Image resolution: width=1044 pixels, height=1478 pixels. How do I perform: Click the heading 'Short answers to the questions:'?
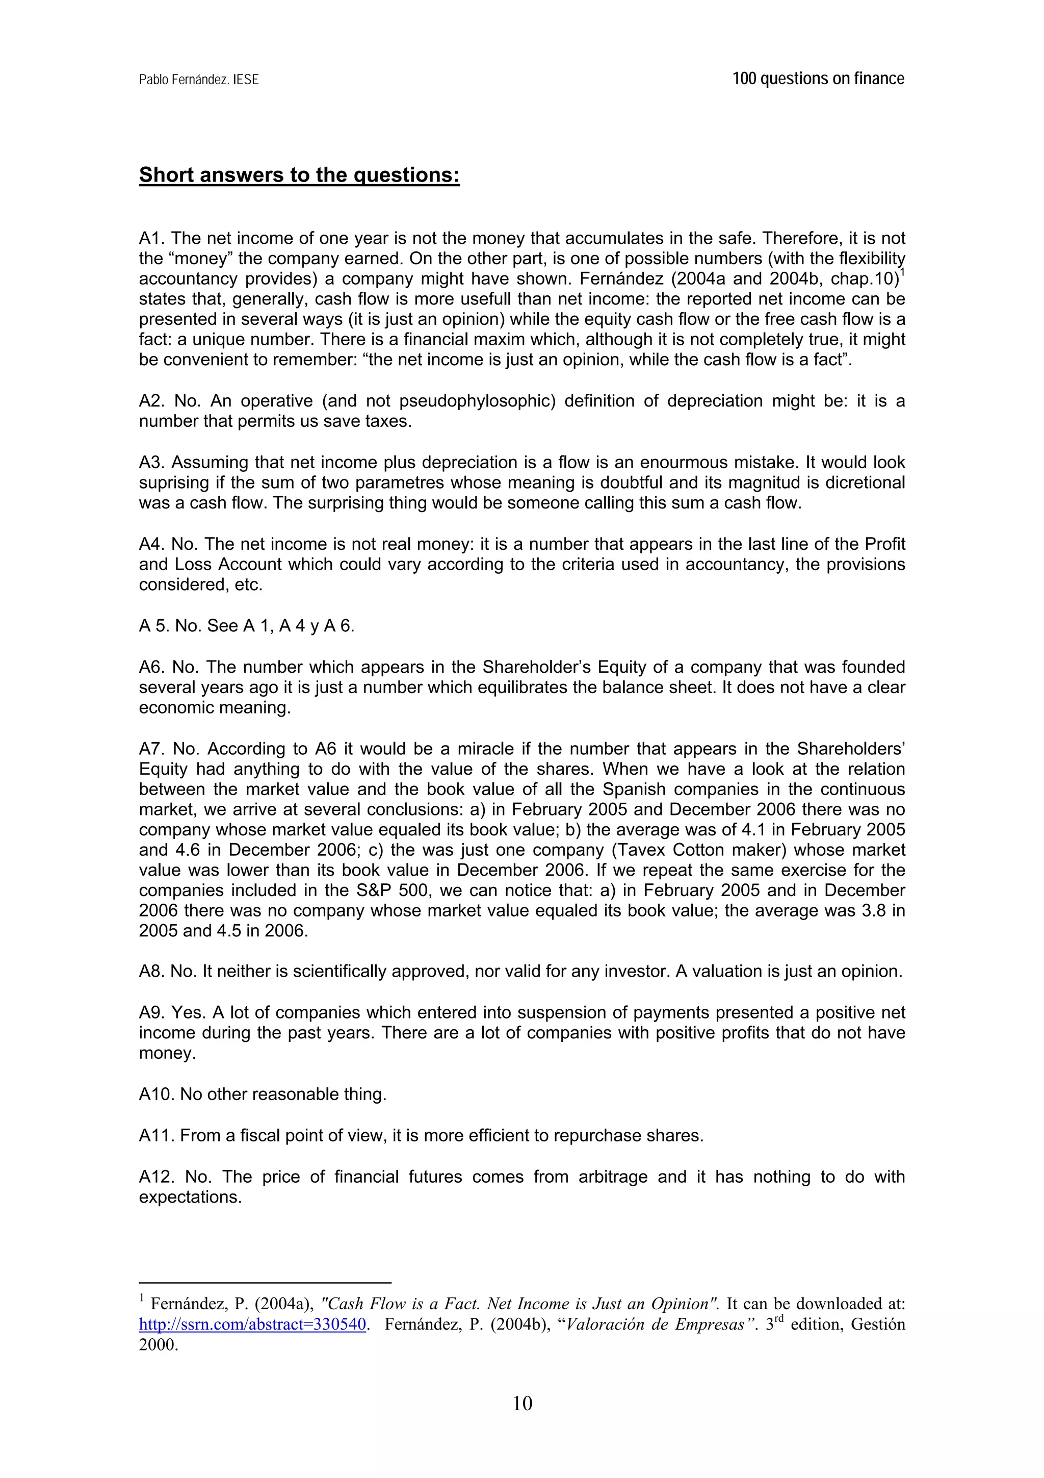(x=299, y=174)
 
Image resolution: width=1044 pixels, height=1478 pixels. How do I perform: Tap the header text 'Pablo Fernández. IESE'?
(x=199, y=80)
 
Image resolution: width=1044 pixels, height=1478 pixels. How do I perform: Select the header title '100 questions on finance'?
(x=818, y=79)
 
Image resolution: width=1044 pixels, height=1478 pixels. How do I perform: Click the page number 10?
(x=523, y=1403)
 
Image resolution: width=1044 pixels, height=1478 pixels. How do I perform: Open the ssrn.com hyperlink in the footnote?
(x=253, y=1324)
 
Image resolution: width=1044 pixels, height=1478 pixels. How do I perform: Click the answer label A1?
(x=152, y=238)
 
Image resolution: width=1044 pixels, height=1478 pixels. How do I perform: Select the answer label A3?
(x=152, y=462)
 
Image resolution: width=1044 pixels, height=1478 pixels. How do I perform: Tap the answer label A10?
(x=156, y=1094)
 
